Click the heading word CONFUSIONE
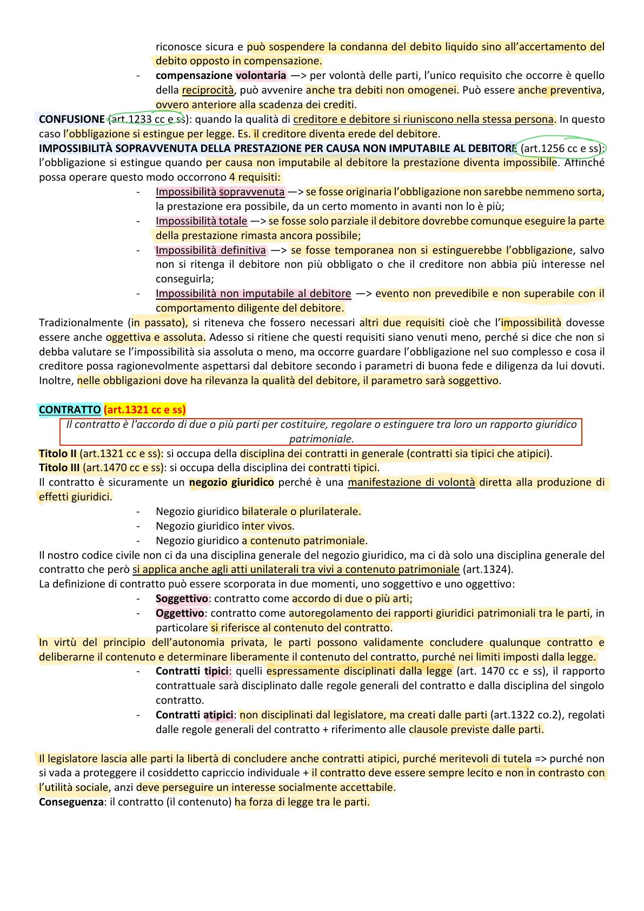point(72,119)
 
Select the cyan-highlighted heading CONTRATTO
point(70,410)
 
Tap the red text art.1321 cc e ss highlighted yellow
point(145,410)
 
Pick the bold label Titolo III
point(59,467)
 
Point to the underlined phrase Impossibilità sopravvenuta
point(220,192)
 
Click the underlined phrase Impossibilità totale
point(201,221)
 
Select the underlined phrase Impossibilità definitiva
point(211,250)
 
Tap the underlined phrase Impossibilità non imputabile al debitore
point(253,293)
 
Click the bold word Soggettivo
point(182,598)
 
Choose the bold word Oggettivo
point(180,613)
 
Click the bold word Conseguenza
point(71,802)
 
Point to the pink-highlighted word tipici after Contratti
point(217,671)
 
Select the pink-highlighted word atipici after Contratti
point(218,715)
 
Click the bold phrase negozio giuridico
point(231,482)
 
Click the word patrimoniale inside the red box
point(321,439)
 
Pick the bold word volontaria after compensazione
point(261,75)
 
